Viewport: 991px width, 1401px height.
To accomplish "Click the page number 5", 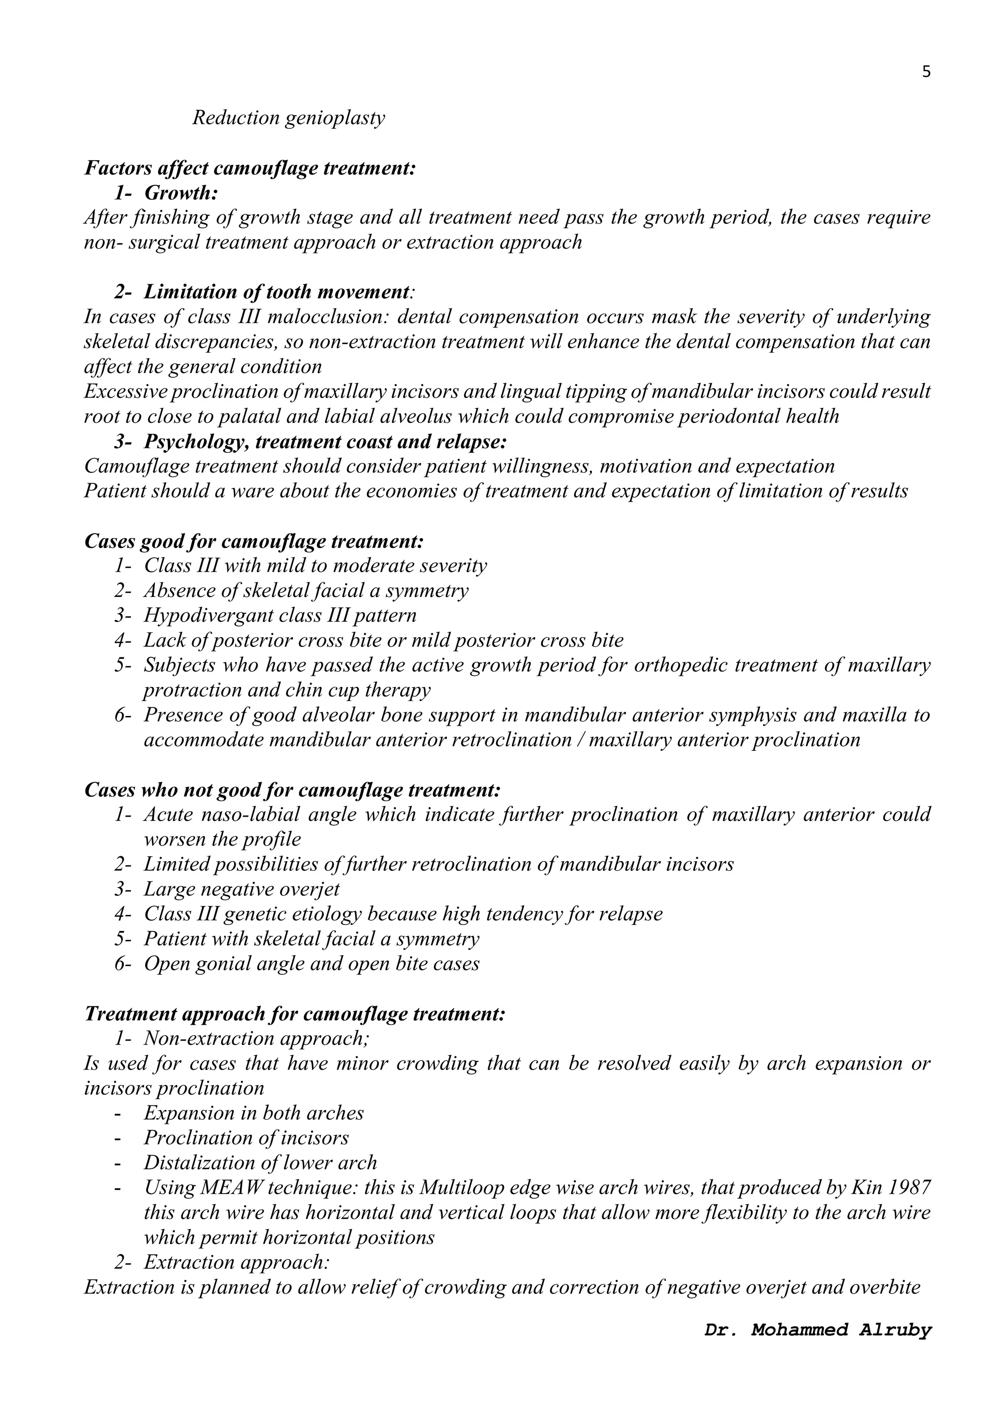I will pos(926,72).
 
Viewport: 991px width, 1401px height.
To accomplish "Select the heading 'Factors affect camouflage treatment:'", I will pos(250,168).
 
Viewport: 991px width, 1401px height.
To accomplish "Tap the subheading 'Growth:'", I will pos(181,193).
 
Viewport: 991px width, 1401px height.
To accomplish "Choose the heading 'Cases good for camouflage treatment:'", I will pos(254,541).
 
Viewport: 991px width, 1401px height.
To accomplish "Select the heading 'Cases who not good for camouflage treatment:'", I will pos(292,790).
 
